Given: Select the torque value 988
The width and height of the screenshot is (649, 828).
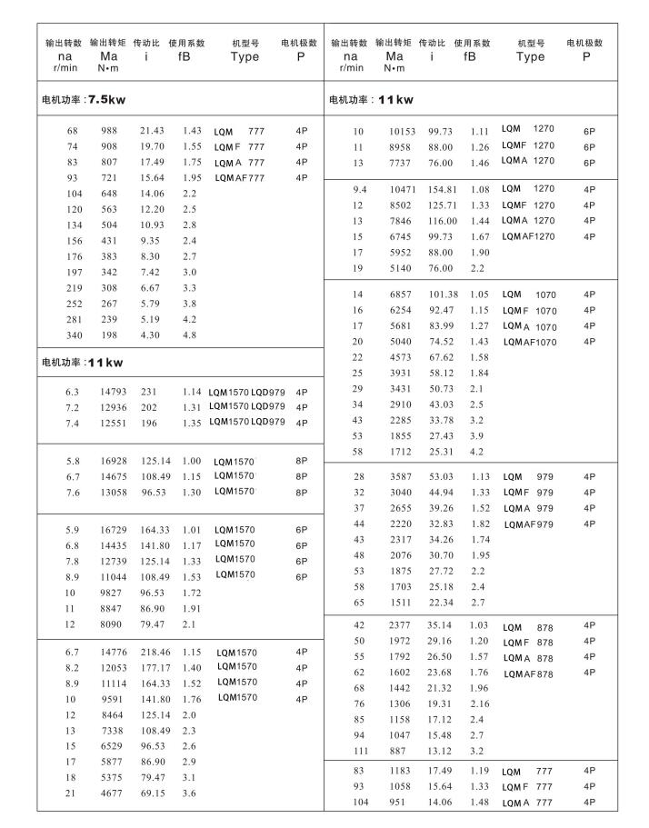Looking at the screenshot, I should click(x=109, y=131).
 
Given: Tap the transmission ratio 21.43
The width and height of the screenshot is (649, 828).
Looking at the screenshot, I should click(x=152, y=131).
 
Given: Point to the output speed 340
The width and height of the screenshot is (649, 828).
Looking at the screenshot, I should click(x=73, y=335).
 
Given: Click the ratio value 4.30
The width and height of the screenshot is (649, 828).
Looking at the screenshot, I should click(x=149, y=335).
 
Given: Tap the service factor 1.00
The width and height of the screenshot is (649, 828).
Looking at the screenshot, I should click(x=192, y=461).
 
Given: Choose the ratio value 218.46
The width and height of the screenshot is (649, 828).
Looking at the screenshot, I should click(x=155, y=652).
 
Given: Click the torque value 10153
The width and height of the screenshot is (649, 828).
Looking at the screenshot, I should click(x=402, y=131).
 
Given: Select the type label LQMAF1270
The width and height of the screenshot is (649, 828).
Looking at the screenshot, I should click(x=528, y=236).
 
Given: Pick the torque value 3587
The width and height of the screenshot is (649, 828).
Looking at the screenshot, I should click(x=402, y=476).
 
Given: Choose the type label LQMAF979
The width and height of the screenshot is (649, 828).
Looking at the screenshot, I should click(x=528, y=524).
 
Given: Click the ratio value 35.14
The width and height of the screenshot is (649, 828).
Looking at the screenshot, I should click(x=441, y=625).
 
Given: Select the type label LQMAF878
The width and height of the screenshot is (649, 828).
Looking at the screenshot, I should click(x=528, y=673).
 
